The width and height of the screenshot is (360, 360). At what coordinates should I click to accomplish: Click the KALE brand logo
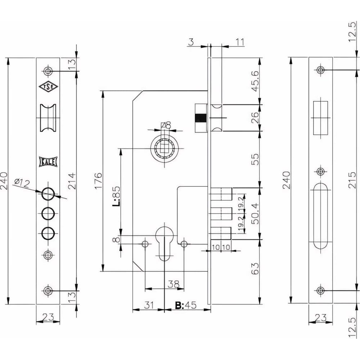[48, 162]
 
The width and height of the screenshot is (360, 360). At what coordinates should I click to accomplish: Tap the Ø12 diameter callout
[22, 183]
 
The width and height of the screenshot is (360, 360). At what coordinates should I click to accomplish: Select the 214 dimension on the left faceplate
[72, 181]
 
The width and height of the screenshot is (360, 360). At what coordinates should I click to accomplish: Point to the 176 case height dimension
[98, 181]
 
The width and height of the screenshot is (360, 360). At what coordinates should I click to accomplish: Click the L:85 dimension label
[116, 196]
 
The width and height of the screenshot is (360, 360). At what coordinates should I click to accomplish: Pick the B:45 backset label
[186, 305]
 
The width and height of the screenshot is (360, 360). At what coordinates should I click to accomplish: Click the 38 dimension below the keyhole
[174, 284]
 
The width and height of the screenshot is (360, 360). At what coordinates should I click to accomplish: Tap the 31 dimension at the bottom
[149, 305]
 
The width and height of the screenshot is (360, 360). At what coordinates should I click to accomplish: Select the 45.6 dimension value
[255, 81]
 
